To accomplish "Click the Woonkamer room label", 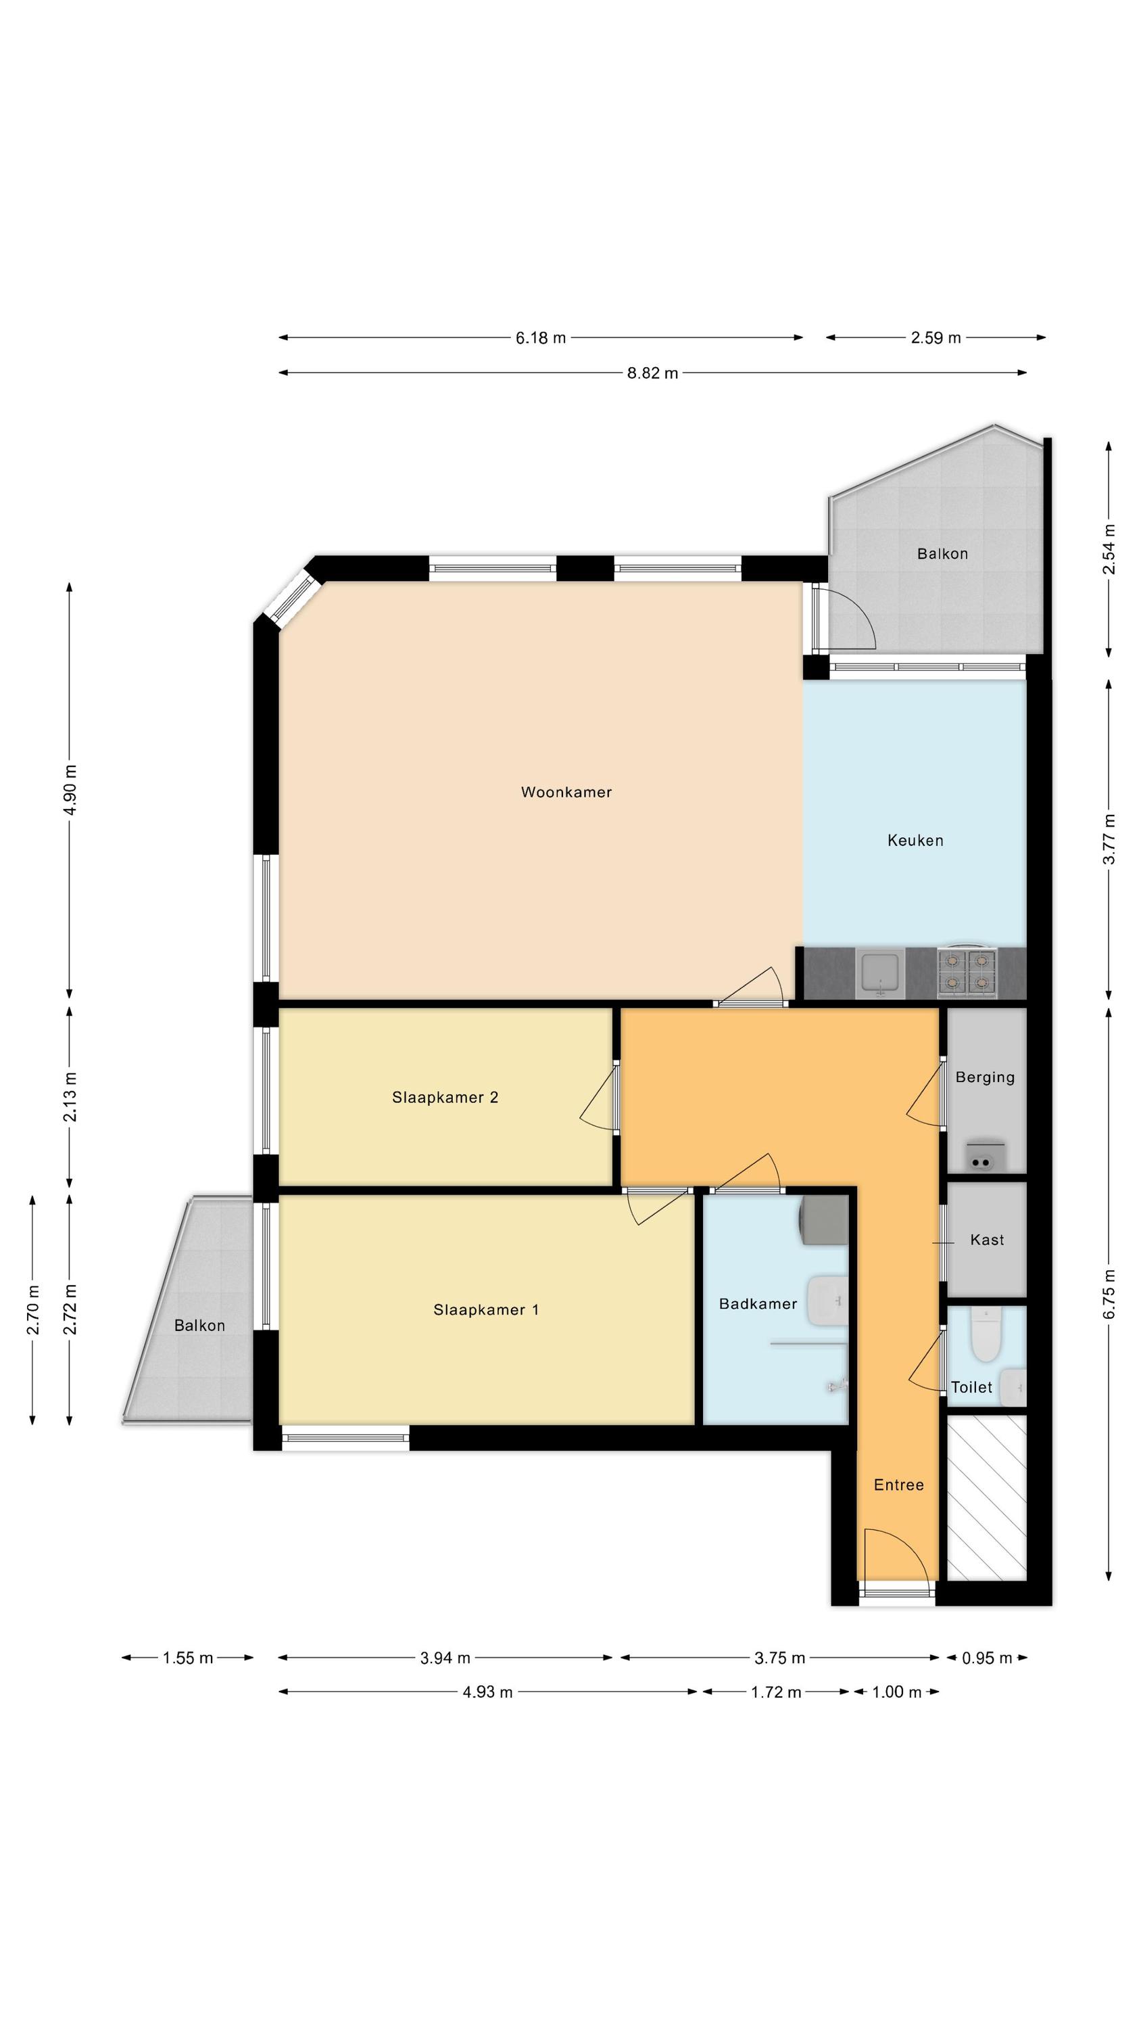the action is click(x=566, y=793).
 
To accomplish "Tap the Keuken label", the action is click(x=915, y=841).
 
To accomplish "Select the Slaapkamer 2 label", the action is click(x=445, y=1097).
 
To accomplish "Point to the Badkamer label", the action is click(x=758, y=1303).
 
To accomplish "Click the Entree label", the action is click(x=898, y=1485).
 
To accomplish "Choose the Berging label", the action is click(x=985, y=1077).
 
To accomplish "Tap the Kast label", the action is click(x=987, y=1240).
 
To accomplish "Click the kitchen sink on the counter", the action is click(x=880, y=973).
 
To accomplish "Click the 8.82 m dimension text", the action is click(x=652, y=373).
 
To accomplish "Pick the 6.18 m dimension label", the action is click(x=540, y=338).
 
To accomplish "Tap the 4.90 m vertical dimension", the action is click(x=70, y=790).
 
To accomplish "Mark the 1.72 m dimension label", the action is click(x=775, y=1692).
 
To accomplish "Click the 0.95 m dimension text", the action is click(x=987, y=1658).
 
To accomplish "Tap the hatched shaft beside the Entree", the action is click(x=987, y=1498).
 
